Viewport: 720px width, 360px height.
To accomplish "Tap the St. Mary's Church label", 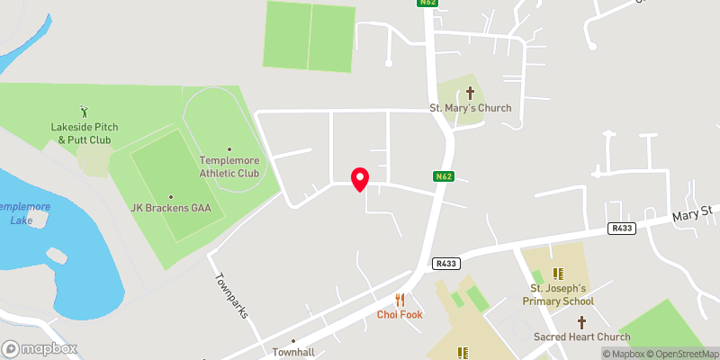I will pos(470,109).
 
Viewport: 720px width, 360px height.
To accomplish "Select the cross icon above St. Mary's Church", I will pos(470,92).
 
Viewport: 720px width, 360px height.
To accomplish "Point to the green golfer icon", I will pos(85,112).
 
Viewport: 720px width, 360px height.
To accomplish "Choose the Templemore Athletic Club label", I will pos(229,166).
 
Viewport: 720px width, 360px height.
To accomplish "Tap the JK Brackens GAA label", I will pos(170,208).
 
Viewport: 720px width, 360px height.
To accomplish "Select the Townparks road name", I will pos(230,295).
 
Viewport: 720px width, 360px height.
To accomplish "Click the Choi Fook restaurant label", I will pos(400,315).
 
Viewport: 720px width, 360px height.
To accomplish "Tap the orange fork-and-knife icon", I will pos(400,300).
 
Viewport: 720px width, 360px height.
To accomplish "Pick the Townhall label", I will pos(293,352).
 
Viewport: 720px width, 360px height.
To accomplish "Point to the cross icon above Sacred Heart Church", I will pos(581,321).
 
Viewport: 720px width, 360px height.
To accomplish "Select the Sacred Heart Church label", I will pos(581,337).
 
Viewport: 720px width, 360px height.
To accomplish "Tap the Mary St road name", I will pos(692,216).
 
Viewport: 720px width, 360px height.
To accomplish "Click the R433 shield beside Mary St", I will pos(621,229).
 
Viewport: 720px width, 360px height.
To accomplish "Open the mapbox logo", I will pos(40,348).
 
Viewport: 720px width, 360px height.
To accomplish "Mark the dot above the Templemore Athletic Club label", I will pos(229,149).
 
